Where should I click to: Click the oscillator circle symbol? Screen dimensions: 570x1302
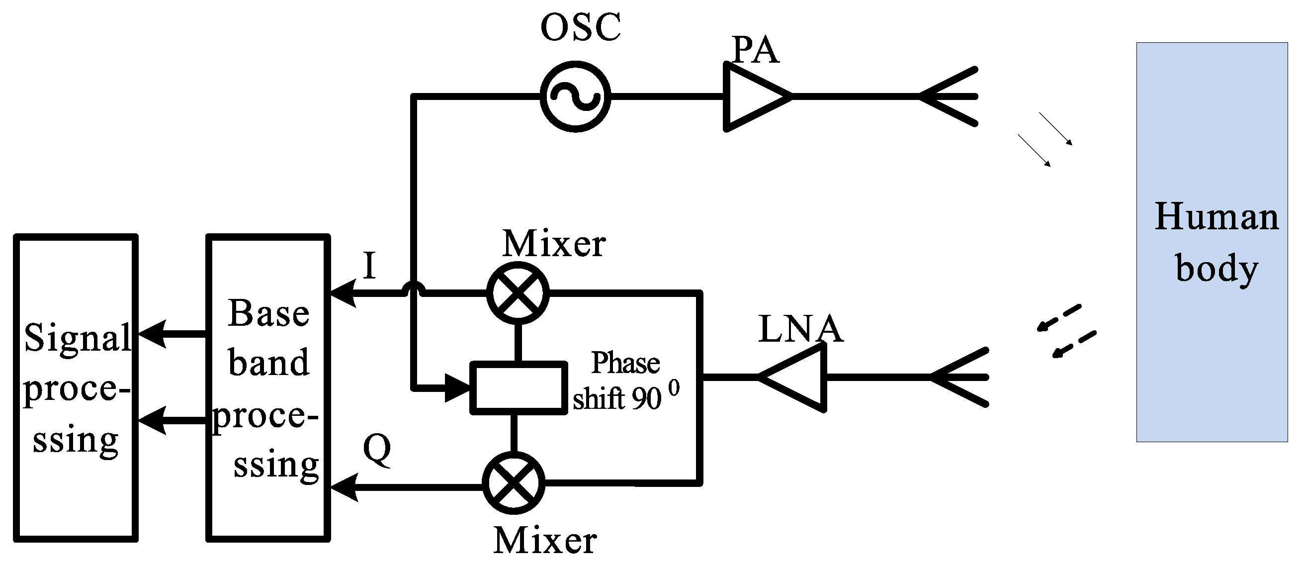575,96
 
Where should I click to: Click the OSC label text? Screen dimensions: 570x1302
580,27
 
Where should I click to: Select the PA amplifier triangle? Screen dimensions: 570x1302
753,96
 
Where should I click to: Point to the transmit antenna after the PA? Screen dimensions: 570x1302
950,96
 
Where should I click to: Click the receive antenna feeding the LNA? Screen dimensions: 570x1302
960,378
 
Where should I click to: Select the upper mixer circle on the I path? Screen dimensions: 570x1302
518,293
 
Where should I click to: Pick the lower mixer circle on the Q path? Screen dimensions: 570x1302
514,482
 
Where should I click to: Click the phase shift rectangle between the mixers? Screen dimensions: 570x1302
518,388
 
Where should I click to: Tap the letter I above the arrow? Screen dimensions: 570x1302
369,266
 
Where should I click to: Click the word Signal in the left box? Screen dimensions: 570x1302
77,338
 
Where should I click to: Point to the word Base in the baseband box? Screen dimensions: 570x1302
268,313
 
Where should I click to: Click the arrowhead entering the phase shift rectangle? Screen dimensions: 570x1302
457,388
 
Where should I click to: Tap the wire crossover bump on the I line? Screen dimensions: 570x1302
414,290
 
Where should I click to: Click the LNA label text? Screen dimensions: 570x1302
800,329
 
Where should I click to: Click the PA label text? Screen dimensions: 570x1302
755,50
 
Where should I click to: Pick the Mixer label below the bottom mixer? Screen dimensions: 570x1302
545,541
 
